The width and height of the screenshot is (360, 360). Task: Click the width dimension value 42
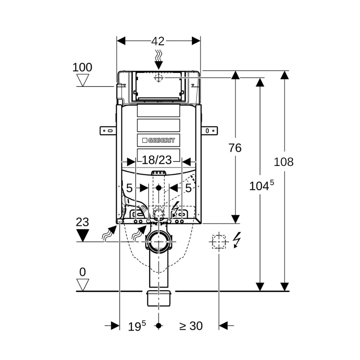(x=158, y=41)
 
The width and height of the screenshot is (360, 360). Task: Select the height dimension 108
(x=284, y=162)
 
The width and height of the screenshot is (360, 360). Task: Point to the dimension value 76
(x=235, y=148)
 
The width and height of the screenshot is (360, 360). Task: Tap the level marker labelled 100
(x=82, y=67)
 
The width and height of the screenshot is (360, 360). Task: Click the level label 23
(x=82, y=222)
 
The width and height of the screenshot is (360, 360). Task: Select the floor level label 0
(x=82, y=272)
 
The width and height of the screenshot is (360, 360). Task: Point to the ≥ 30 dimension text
(x=191, y=326)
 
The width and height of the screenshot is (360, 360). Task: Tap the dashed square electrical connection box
(x=219, y=242)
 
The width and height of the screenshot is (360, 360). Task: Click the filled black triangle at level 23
(x=83, y=235)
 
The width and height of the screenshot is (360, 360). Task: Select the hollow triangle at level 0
(x=83, y=284)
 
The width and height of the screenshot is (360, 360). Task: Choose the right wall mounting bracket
(x=210, y=130)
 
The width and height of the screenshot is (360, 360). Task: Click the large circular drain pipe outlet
(x=158, y=242)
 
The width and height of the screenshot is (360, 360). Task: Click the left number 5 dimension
(x=129, y=188)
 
